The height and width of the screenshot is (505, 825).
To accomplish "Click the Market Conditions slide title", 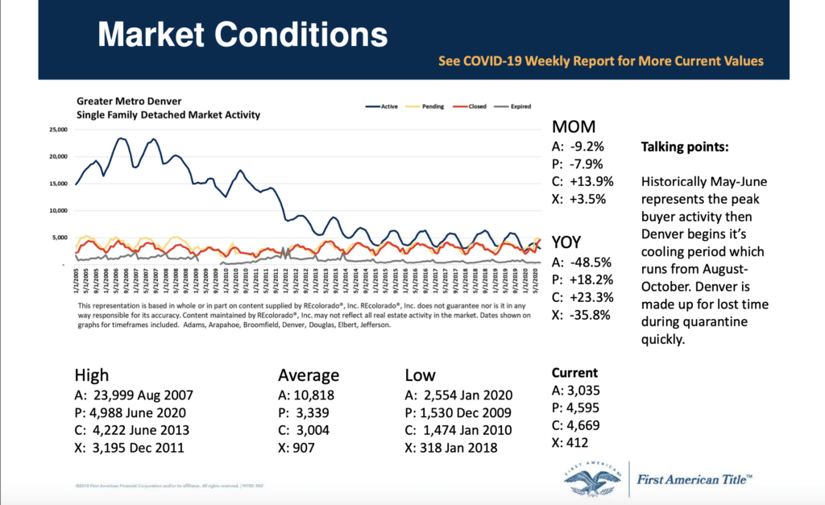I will coord(242,35).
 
